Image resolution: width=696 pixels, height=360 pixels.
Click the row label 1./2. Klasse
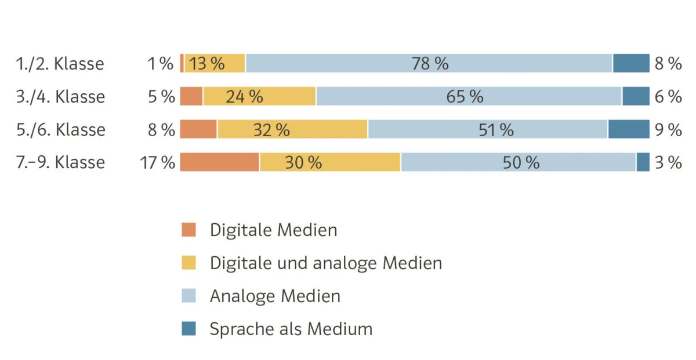(x=60, y=63)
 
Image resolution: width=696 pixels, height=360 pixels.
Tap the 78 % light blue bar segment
(x=429, y=63)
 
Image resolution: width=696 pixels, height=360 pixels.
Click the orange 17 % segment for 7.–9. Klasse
(x=219, y=162)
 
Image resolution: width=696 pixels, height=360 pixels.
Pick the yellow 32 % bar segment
(x=292, y=129)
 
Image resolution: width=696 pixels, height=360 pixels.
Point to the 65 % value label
(x=465, y=96)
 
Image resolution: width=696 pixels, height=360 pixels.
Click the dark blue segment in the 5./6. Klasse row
(x=628, y=129)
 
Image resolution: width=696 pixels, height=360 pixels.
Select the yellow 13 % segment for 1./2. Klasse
(x=215, y=63)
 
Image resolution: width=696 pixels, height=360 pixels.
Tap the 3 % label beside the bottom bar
(x=668, y=162)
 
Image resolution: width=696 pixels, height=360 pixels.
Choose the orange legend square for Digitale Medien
(x=189, y=230)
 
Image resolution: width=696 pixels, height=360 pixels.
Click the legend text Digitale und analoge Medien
(x=325, y=263)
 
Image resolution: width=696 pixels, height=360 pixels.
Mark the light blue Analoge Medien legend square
(x=189, y=296)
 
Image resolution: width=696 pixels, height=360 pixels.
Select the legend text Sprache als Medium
(x=291, y=329)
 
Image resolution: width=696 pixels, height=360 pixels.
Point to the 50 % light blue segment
(x=518, y=162)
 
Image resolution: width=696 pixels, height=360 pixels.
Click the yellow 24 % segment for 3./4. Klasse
(x=259, y=96)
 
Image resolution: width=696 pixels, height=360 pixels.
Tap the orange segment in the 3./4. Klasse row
(x=191, y=96)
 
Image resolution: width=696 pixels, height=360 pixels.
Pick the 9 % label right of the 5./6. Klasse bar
(x=668, y=129)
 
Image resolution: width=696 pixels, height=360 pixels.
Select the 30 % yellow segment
(x=329, y=162)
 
